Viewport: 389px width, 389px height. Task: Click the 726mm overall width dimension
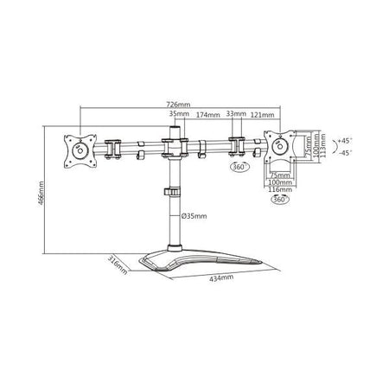pos(181,106)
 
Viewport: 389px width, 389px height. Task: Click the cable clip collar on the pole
pos(173,194)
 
